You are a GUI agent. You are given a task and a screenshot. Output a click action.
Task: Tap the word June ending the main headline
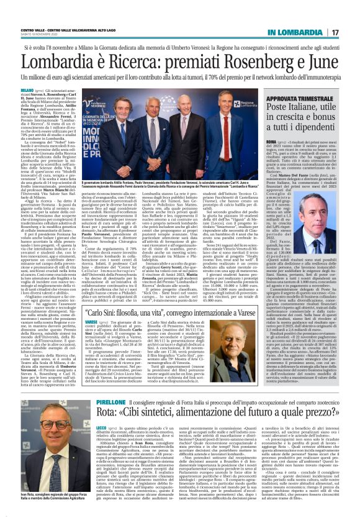click(x=334, y=63)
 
